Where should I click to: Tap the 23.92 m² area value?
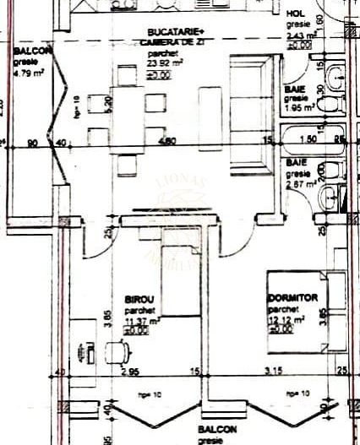[x=162, y=62]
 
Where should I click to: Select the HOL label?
[x=296, y=14]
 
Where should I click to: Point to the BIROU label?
[x=139, y=298]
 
